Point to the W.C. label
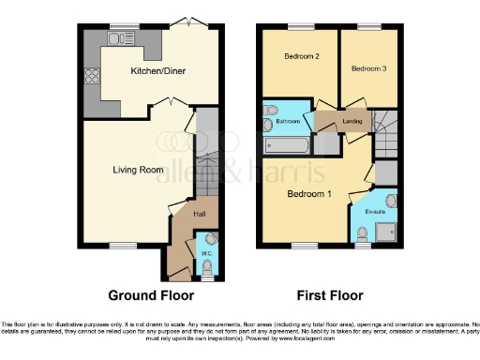(207, 252)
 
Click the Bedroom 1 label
(309, 194)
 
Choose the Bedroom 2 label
(302, 57)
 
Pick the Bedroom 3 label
(369, 68)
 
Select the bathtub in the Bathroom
(285, 144)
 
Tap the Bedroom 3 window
(368, 26)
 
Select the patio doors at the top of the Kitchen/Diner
(191, 23)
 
